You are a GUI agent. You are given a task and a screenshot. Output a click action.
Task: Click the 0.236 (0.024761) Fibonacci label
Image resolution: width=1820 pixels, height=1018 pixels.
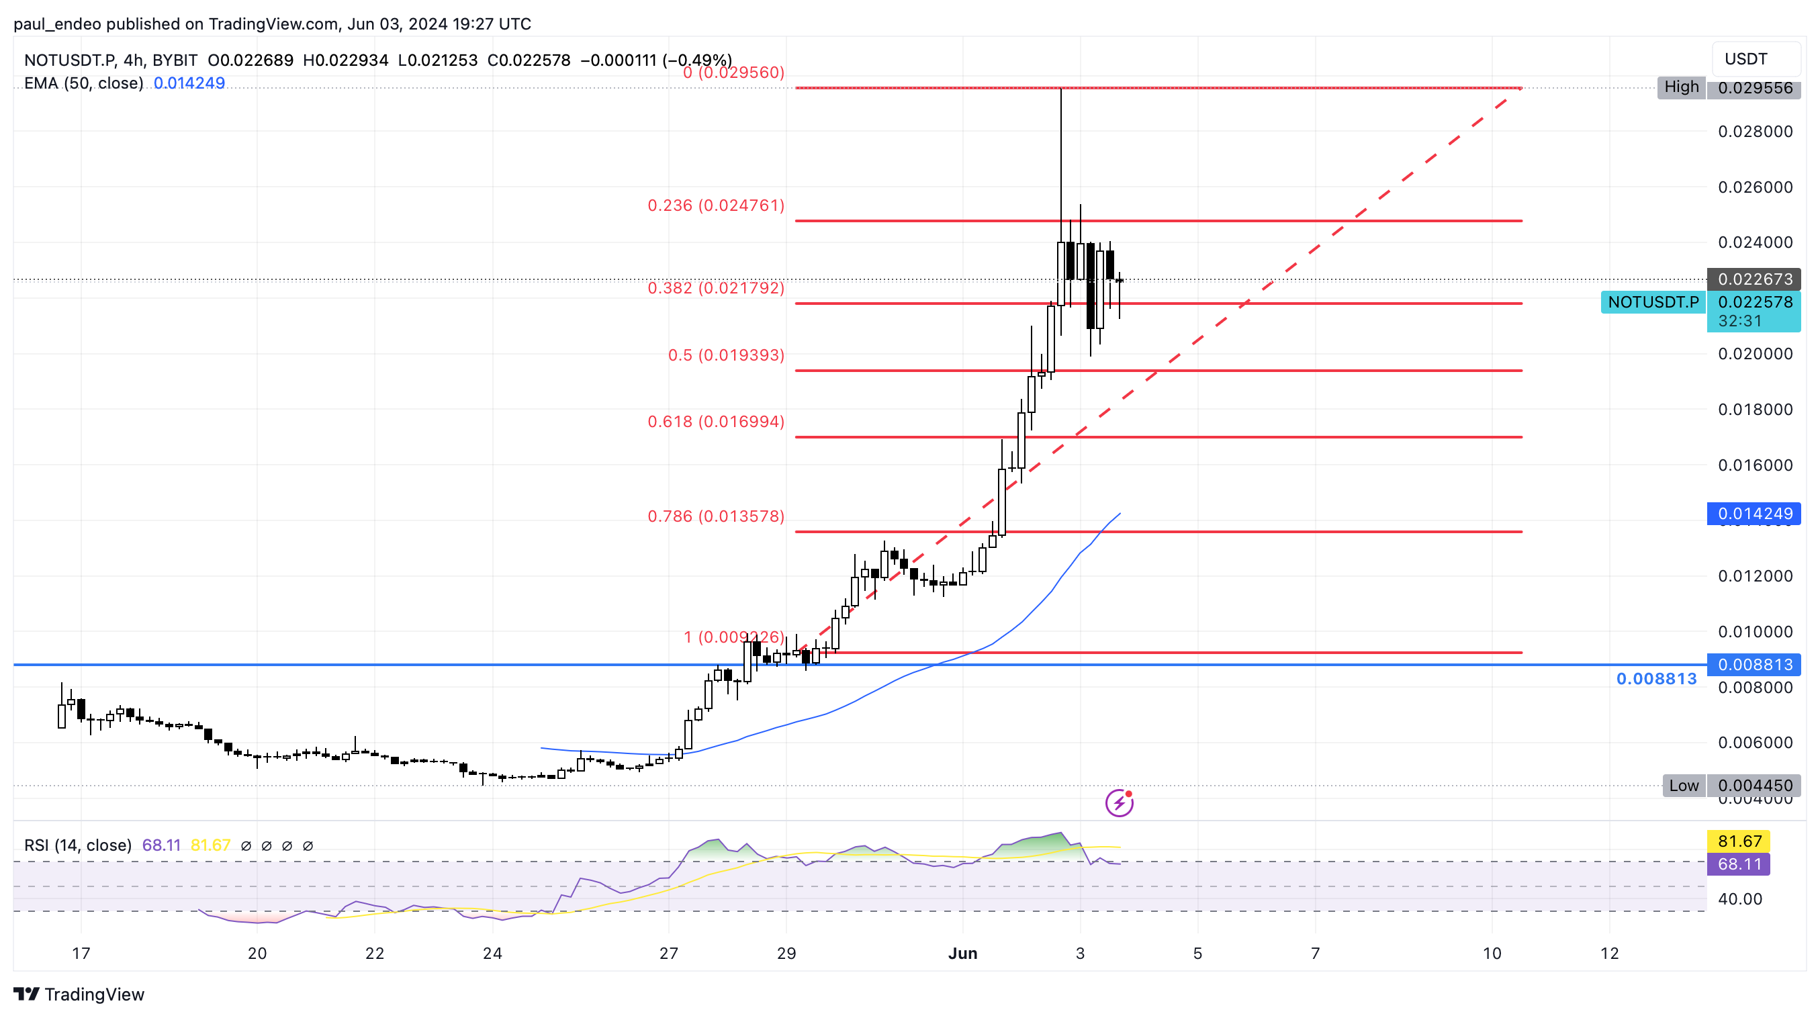[716, 205]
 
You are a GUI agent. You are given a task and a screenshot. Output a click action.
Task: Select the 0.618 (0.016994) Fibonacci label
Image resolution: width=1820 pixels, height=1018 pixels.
[716, 422]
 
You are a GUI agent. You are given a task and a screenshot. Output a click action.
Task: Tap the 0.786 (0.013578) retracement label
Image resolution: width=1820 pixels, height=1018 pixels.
[716, 516]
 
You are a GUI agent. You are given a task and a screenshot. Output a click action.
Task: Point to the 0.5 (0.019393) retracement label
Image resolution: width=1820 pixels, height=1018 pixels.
[726, 355]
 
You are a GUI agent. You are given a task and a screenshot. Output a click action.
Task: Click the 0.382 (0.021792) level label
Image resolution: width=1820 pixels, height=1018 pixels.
[716, 287]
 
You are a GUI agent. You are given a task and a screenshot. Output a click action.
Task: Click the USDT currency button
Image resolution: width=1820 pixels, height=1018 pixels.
[1755, 58]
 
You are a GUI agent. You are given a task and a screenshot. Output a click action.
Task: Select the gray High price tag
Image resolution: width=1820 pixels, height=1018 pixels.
[1682, 87]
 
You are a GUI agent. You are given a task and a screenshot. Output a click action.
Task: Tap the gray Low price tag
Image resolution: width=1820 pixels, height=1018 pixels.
[1684, 786]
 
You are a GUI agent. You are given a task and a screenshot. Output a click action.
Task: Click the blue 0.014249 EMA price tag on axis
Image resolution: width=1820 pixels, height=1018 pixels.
[1754, 514]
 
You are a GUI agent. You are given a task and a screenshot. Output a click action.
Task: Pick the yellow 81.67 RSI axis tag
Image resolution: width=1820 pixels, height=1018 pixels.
[1739, 841]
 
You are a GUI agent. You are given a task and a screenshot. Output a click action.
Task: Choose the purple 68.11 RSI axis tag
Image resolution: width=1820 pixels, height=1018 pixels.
[1739, 864]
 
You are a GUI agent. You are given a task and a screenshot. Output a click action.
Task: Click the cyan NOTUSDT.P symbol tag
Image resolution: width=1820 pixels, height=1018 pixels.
[1653, 302]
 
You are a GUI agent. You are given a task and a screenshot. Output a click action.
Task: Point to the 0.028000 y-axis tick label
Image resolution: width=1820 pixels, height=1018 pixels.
[1755, 132]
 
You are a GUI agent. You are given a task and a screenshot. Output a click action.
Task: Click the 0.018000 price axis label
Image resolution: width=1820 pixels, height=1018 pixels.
[1755, 410]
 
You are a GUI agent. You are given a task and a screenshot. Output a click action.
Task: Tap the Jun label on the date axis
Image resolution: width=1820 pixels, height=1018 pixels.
[962, 954]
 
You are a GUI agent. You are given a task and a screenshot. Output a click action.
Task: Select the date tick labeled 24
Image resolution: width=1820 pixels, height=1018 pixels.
[492, 954]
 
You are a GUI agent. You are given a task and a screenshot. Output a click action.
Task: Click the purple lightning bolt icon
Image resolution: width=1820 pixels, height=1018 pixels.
[1119, 803]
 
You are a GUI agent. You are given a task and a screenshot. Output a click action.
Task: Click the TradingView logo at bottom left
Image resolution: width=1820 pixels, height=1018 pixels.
[79, 994]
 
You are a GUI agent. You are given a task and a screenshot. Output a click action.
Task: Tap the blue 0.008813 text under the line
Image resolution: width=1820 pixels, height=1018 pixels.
[1656, 679]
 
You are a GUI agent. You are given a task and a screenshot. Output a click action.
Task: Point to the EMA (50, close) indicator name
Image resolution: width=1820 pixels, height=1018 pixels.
[83, 83]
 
